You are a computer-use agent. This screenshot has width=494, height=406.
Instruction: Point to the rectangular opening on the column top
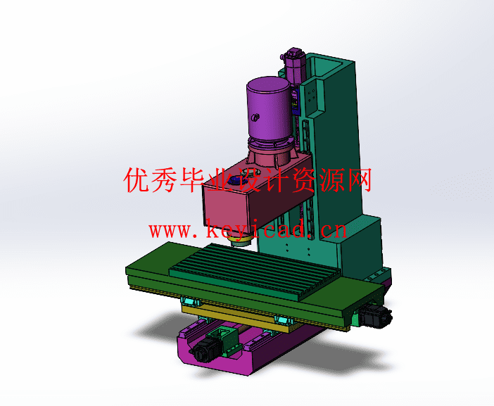pyautogui.click(x=328, y=67)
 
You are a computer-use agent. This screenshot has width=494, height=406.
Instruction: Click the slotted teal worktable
pyautogui.click(x=255, y=270)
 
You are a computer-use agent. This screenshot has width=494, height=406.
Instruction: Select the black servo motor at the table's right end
pyautogui.click(x=376, y=316)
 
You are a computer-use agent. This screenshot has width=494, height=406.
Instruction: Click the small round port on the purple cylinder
pyautogui.click(x=255, y=118)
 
